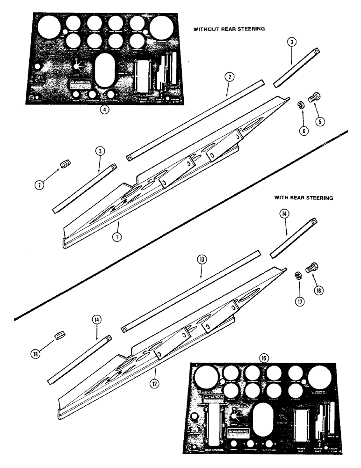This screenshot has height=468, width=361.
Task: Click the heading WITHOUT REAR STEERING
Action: pyautogui.click(x=229, y=29)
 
